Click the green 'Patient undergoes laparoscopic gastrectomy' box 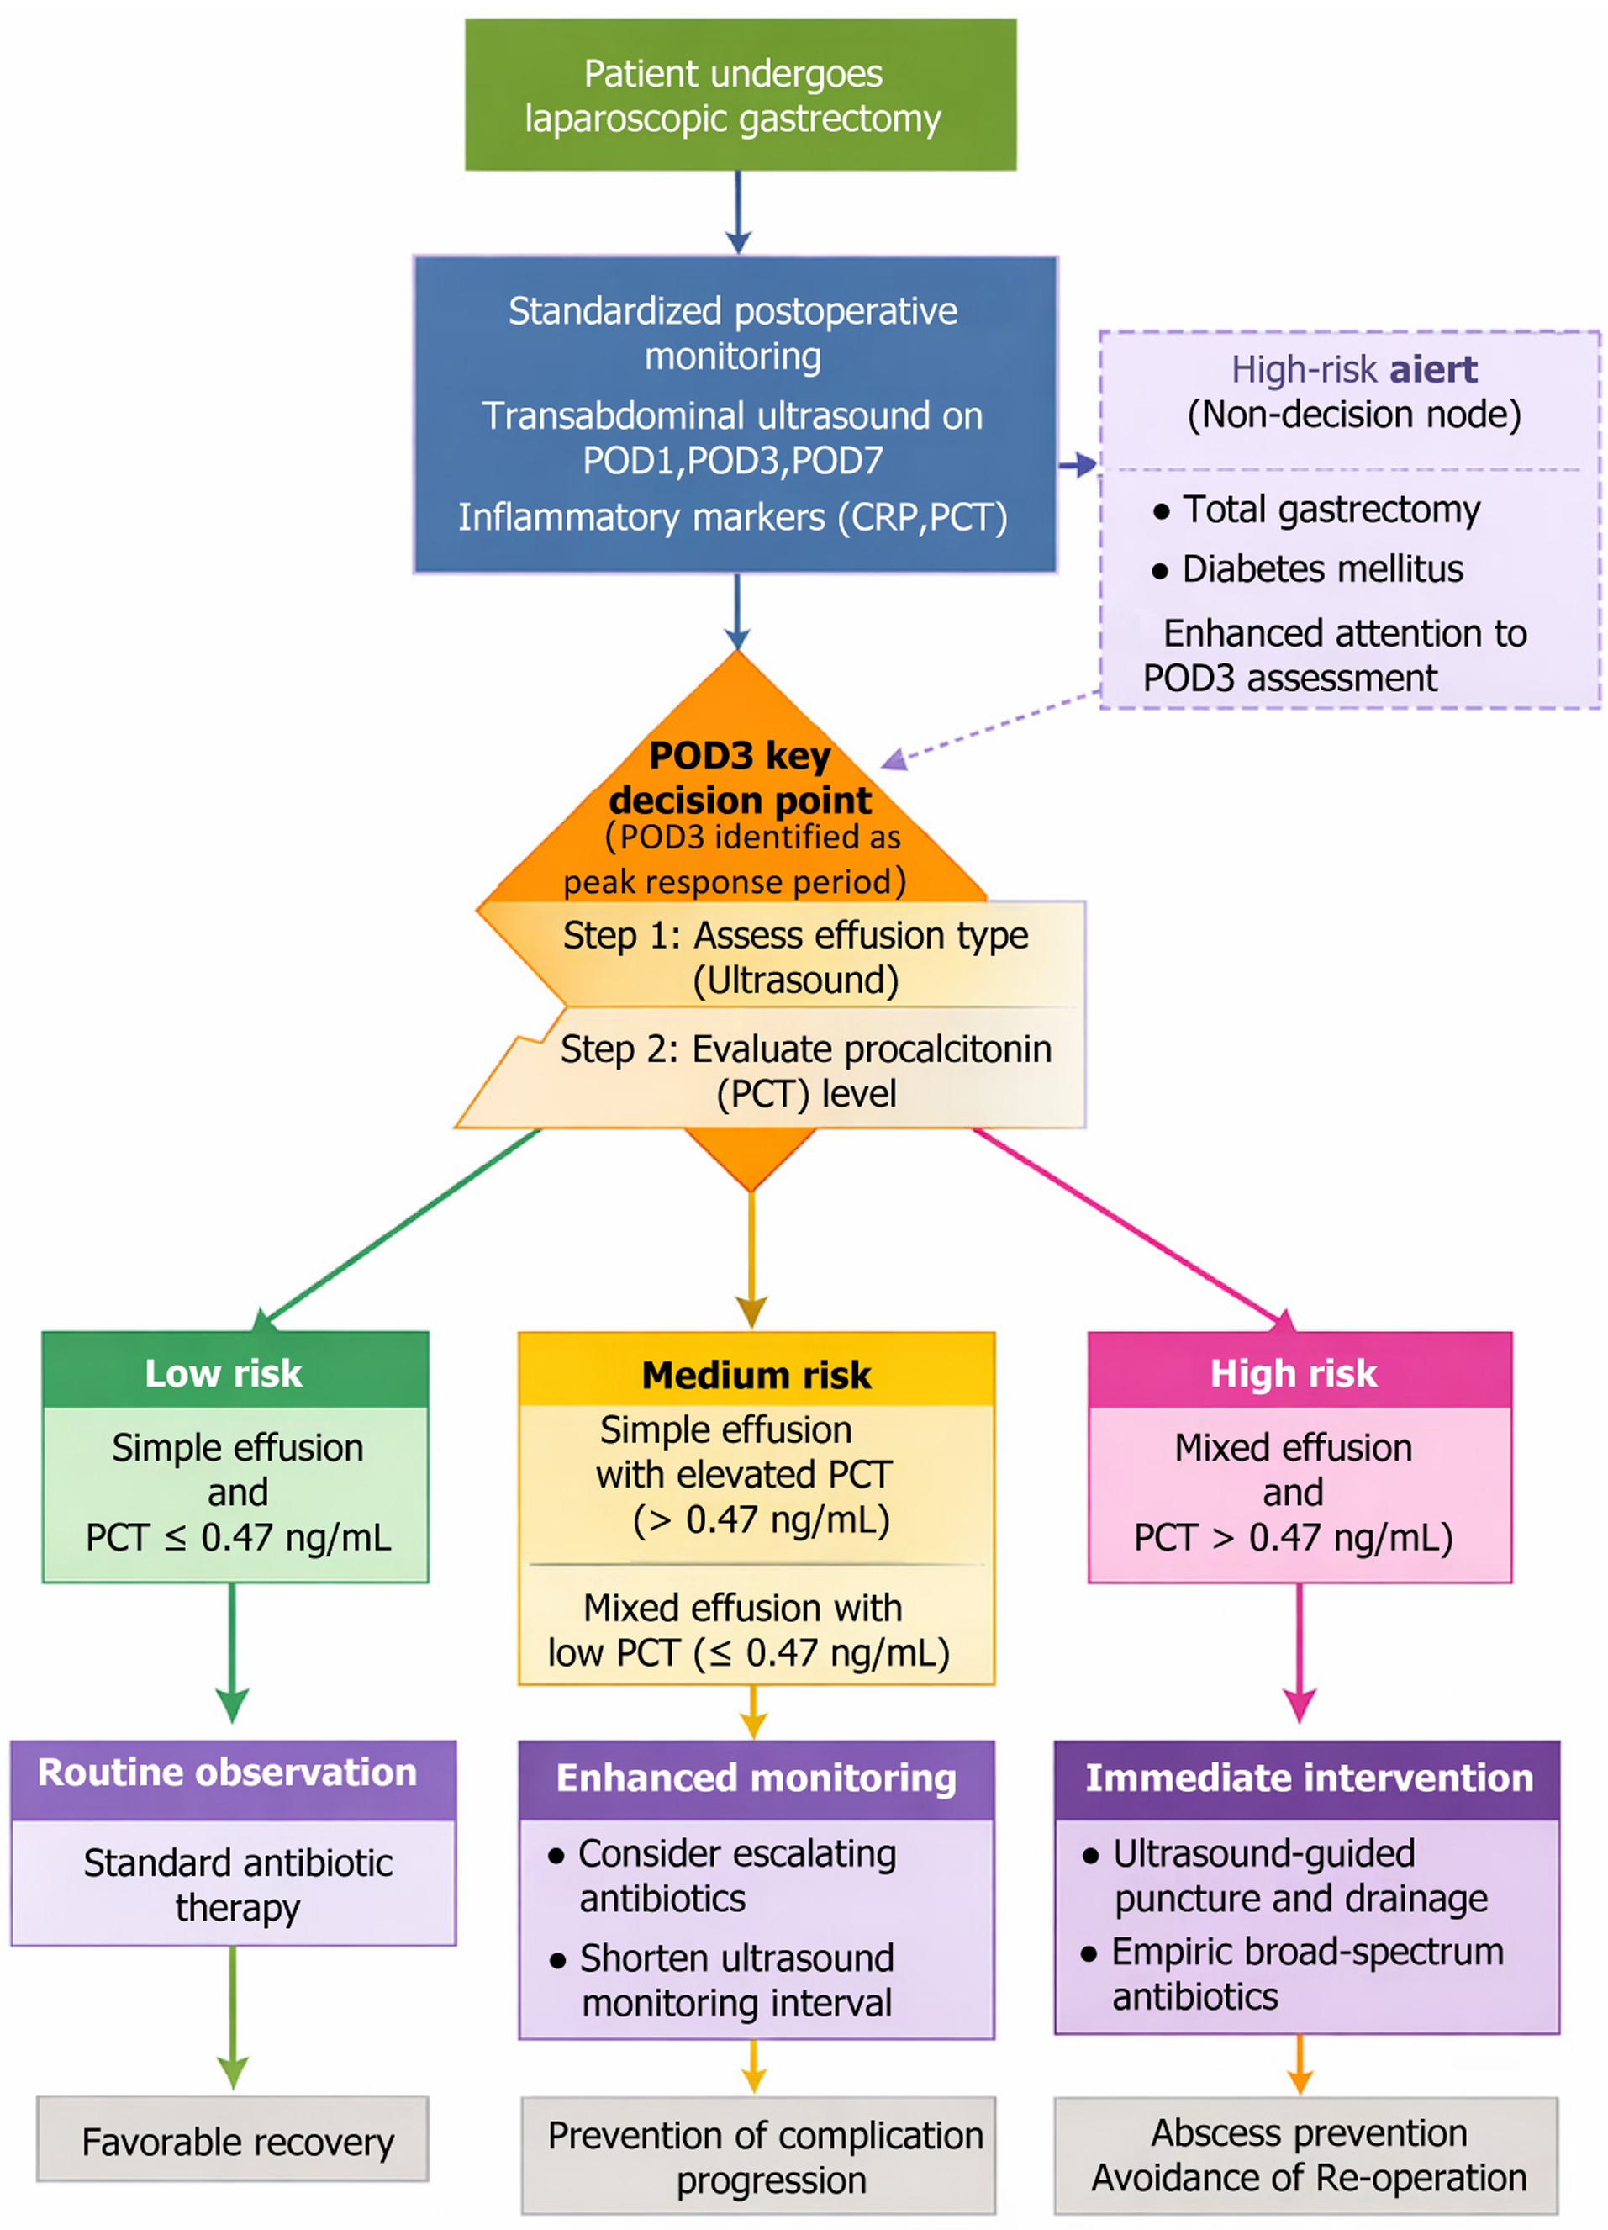click(740, 95)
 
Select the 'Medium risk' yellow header click(756, 1375)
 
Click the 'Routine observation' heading click(228, 1772)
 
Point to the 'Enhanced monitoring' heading click(756, 1778)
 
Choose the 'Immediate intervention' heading click(1308, 1778)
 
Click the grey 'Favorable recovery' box click(237, 2142)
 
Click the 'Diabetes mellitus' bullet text click(1321, 569)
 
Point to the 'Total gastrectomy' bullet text click(1330, 510)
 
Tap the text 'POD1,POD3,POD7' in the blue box click(733, 460)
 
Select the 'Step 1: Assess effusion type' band click(794, 957)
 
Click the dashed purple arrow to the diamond click(993, 728)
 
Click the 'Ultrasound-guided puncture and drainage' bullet click(1297, 1875)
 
